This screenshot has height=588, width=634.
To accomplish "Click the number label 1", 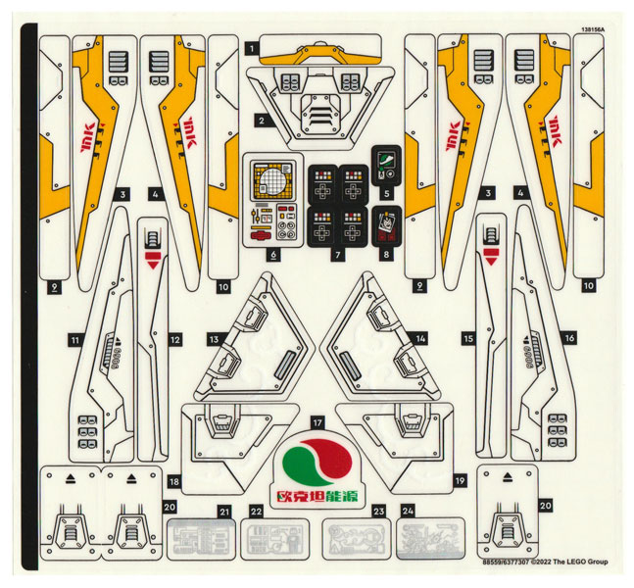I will tap(253, 46).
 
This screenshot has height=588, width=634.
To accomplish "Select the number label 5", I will tap(386, 194).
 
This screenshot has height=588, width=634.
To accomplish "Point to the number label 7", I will tap(337, 255).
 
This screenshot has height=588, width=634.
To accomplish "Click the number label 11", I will tap(74, 340).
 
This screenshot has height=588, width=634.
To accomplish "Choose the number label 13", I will tap(213, 338).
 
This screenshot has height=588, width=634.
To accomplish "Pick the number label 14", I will tap(420, 338).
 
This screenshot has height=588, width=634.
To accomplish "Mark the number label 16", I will tap(569, 338).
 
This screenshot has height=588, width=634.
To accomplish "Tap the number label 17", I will tap(317, 421).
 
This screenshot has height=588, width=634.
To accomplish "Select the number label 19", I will tap(459, 481).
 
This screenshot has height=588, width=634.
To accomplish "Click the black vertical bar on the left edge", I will tap(29, 294).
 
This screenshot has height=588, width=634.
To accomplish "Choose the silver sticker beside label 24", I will tap(427, 537).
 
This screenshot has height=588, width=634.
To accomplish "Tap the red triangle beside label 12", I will tap(152, 260).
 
